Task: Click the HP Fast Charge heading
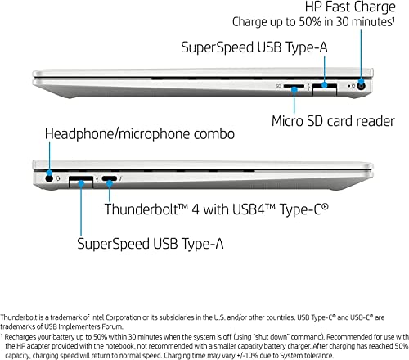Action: click(350, 7)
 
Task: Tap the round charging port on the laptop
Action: click(362, 87)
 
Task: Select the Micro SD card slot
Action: click(294, 86)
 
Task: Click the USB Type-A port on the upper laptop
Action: click(325, 88)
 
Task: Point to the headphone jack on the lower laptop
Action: click(49, 178)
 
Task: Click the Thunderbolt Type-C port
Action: click(110, 179)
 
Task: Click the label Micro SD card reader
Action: click(333, 121)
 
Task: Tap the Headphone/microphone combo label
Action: click(140, 134)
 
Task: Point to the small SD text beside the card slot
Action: click(278, 86)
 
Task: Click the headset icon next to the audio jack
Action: click(58, 178)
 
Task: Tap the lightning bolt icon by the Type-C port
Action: click(120, 179)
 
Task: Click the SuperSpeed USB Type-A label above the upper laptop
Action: click(254, 47)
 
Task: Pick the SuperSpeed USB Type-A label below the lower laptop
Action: click(151, 243)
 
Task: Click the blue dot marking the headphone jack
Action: click(49, 173)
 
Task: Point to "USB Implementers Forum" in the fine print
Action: click(83, 326)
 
